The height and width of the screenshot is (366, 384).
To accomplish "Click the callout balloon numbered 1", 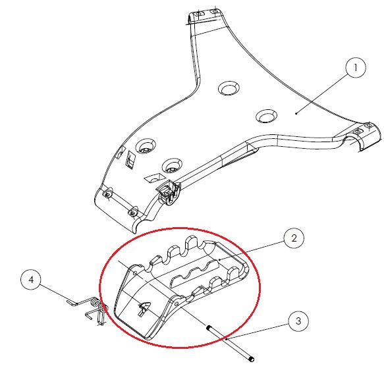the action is pyautogui.click(x=356, y=68).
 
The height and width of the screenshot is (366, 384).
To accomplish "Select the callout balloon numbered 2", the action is pyautogui.click(x=294, y=238).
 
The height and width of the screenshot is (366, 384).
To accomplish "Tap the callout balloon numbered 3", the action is pyautogui.click(x=298, y=321).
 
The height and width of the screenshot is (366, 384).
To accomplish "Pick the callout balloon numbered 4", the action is pyautogui.click(x=31, y=279).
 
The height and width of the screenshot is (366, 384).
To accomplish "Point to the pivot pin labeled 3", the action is pyautogui.click(x=231, y=343).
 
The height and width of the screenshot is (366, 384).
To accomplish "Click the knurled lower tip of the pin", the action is pyautogui.click(x=252, y=359).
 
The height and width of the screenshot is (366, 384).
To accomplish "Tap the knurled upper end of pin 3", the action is pyautogui.click(x=209, y=327).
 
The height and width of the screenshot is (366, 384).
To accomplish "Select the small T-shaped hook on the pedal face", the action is pyautogui.click(x=144, y=308).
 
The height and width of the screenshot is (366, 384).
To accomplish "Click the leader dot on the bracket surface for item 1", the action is pyautogui.click(x=296, y=113).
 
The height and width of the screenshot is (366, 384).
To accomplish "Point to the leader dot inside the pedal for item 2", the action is pyautogui.click(x=219, y=260).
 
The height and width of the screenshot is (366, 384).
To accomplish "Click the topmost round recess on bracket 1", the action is pyautogui.click(x=229, y=88).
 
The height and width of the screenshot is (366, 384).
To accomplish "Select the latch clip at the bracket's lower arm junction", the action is pyautogui.click(x=168, y=191).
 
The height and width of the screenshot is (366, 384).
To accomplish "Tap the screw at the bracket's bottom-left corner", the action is pyautogui.click(x=133, y=213).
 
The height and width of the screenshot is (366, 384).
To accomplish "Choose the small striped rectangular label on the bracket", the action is pyautogui.click(x=130, y=160).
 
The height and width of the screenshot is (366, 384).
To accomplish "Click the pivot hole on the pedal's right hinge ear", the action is pyautogui.click(x=177, y=304).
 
